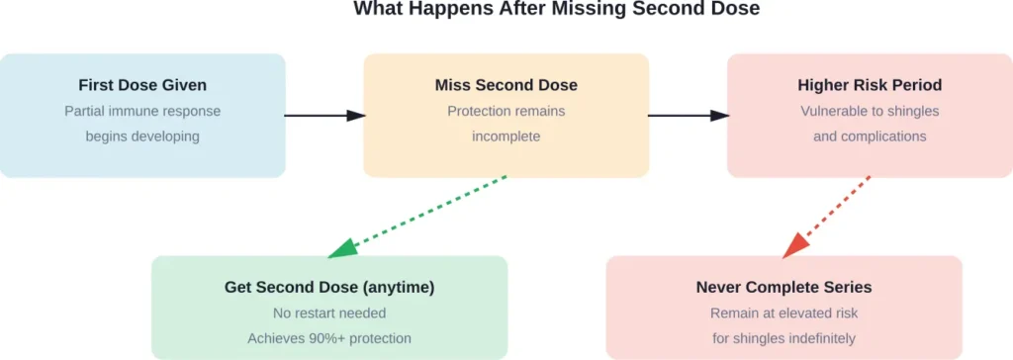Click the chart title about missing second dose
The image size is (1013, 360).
coord(506,10)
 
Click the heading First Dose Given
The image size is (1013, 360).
coord(142,85)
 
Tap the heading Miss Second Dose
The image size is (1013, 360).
coord(506,85)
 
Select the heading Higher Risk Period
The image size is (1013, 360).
coord(870,85)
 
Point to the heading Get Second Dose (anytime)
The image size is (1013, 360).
coord(329,288)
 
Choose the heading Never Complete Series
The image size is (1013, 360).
coord(783,288)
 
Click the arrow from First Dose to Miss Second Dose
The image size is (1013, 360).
coord(324,116)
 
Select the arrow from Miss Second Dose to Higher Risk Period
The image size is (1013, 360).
coord(689,116)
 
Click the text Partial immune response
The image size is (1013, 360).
coord(142,111)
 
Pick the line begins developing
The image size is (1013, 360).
coord(142,136)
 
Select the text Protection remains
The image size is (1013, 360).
coord(506,111)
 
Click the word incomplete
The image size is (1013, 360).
coord(506,136)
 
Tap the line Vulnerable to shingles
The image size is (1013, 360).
coord(870,111)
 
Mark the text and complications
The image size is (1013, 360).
coord(870,136)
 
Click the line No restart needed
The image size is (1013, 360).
coord(329,314)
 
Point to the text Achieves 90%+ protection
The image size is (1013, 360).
coord(329,338)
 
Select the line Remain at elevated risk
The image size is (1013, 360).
coord(783,314)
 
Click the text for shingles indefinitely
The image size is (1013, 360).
coord(783,338)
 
